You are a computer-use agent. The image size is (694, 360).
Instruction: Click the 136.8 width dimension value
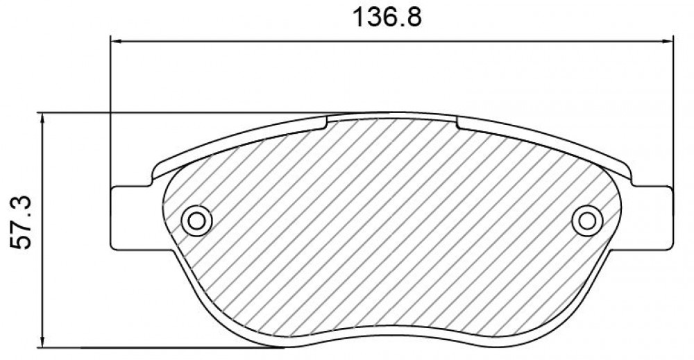click(x=387, y=18)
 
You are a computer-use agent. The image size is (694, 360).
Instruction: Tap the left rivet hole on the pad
click(x=196, y=221)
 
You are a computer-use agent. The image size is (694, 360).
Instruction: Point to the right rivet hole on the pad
click(x=587, y=221)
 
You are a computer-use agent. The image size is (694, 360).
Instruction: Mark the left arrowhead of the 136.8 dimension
click(x=115, y=42)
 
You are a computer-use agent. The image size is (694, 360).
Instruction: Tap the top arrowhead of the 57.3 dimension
click(x=42, y=118)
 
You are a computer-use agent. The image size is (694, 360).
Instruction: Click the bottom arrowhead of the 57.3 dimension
click(x=42, y=342)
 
